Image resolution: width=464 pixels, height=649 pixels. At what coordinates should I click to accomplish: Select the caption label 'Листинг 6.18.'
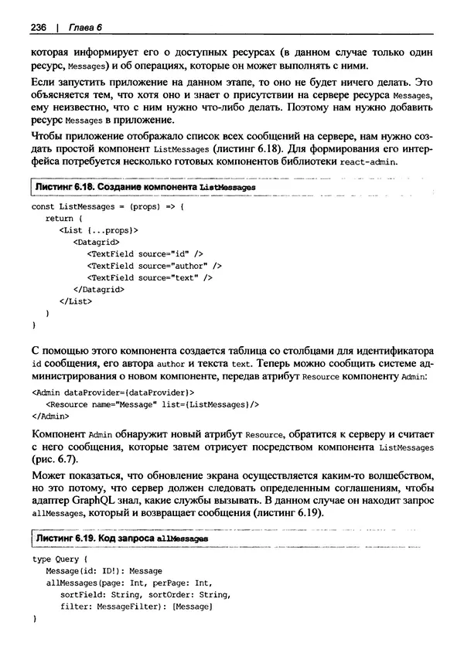(67, 188)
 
